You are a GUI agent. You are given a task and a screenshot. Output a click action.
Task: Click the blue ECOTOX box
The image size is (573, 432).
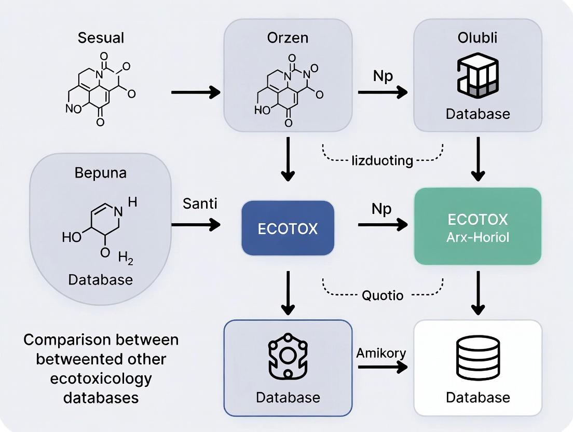[x=288, y=228]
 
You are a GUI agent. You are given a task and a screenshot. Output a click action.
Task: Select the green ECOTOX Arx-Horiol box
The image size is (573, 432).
[x=477, y=226]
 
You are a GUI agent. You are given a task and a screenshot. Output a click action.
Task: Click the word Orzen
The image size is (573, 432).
[x=287, y=38]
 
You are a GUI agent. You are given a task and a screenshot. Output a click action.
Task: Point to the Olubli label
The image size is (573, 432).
[x=477, y=38]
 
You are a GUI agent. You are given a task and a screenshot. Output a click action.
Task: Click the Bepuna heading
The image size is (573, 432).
[x=100, y=172]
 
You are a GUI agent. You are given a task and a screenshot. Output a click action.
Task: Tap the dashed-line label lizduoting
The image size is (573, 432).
[x=381, y=160]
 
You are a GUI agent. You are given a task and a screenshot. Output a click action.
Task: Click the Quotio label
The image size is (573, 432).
[x=382, y=295]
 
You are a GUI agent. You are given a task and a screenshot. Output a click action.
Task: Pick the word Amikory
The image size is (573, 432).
[x=381, y=353]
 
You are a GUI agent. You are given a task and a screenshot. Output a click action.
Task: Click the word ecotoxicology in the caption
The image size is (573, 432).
[x=101, y=378]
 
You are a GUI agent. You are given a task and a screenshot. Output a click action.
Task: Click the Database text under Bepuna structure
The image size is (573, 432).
[x=100, y=280]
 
